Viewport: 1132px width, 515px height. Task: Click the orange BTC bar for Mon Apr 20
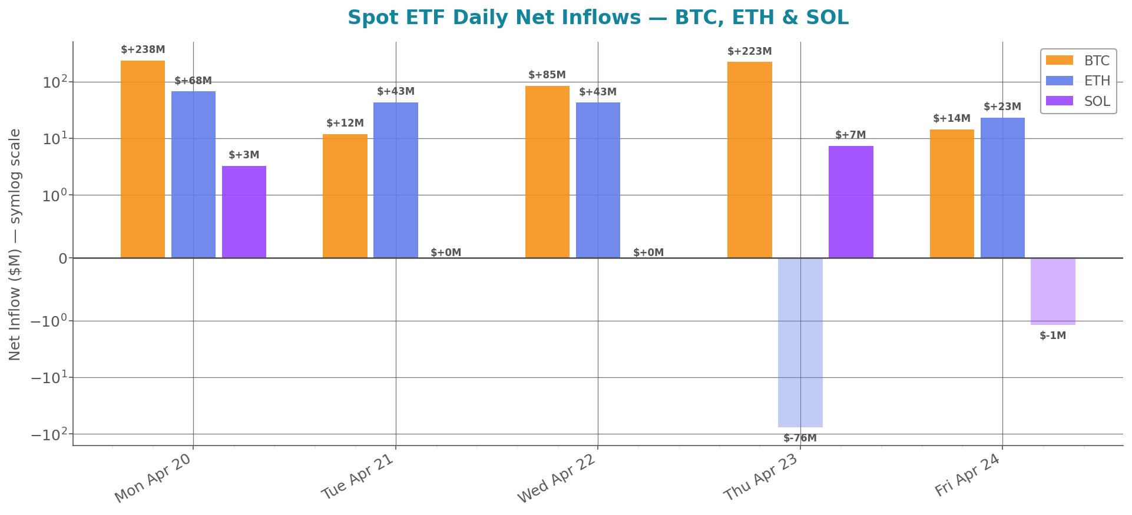coord(143,159)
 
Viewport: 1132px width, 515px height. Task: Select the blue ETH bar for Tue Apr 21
coord(395,180)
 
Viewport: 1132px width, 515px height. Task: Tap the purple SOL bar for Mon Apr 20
coord(244,212)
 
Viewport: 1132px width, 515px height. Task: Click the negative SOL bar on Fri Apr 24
coord(1052,291)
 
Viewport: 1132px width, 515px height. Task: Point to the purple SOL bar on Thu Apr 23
coord(850,202)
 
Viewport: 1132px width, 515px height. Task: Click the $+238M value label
coord(143,50)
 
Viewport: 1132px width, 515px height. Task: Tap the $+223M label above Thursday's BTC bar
coord(749,52)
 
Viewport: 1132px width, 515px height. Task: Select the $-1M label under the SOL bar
coord(1052,336)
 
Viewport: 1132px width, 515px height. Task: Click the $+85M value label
coord(547,75)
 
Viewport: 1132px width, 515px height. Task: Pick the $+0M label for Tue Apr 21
coord(446,253)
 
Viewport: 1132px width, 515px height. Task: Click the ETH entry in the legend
coord(1078,81)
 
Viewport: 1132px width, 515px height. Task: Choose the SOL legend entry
coord(1078,101)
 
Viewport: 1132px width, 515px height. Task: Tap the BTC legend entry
coord(1078,61)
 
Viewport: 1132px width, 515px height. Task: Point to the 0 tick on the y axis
coord(62,258)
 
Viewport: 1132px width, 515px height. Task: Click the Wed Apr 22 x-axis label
coord(557,479)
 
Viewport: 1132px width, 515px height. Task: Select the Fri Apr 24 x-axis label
coord(967,476)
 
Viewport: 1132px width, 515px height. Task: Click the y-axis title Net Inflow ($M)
coord(15,244)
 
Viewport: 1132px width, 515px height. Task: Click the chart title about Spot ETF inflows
coord(597,18)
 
